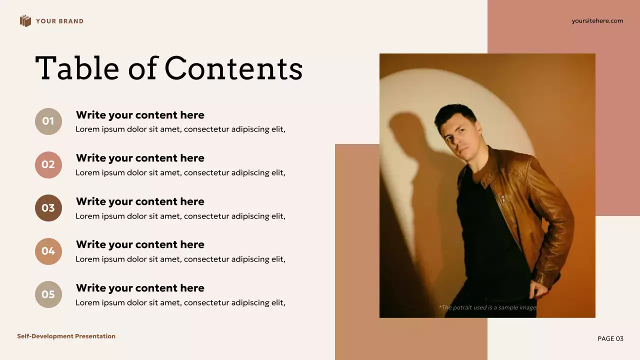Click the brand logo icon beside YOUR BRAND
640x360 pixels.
click(25, 21)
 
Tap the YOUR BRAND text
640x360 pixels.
click(59, 21)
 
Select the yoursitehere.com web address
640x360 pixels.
click(597, 21)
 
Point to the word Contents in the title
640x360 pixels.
click(233, 68)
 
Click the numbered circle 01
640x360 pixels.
click(48, 121)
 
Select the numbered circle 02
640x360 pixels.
click(48, 165)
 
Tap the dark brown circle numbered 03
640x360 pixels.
click(48, 208)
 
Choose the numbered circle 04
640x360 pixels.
click(48, 251)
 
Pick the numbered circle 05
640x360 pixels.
click(48, 294)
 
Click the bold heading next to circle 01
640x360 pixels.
click(140, 115)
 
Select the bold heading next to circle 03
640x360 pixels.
click(140, 201)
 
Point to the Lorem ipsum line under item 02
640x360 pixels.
click(180, 173)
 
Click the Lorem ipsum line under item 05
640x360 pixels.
click(180, 302)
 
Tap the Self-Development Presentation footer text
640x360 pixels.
click(66, 336)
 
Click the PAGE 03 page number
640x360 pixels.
click(610, 339)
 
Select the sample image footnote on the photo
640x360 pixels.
click(487, 307)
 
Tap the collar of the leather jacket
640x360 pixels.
click(487, 165)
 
